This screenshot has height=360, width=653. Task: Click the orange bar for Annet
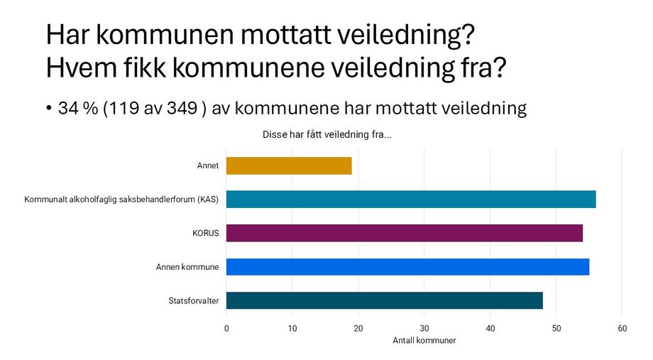pos(289,165)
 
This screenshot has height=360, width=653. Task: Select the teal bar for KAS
pos(411,200)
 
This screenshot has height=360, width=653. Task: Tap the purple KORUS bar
pos(405,233)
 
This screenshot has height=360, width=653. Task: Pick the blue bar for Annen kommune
pos(407,267)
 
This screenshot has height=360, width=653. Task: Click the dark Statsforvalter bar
pos(385,300)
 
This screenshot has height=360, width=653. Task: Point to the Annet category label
pos(208,166)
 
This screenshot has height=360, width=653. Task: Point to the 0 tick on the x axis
pos(226,328)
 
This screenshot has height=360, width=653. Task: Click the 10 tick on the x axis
pos(292,328)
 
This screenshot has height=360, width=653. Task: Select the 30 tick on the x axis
pos(424,328)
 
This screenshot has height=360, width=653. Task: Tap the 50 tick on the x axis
pos(556,328)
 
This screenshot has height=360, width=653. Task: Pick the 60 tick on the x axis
pos(622,328)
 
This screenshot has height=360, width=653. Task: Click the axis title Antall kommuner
pos(424,341)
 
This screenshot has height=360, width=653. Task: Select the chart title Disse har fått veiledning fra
pos(326,134)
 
